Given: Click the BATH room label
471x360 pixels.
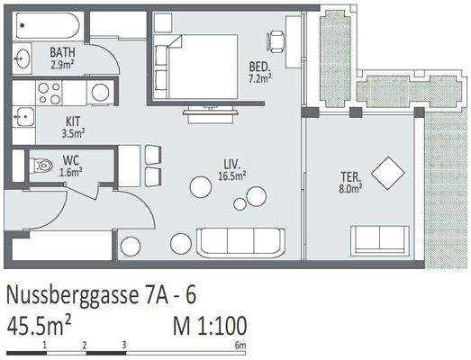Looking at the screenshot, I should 62,58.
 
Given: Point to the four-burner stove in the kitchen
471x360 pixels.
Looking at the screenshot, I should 49,92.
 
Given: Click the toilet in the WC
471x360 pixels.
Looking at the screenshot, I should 41,166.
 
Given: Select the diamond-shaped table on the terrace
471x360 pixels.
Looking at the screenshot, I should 389,173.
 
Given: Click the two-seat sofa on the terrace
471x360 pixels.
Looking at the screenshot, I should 379,238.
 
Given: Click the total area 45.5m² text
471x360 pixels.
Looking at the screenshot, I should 40,324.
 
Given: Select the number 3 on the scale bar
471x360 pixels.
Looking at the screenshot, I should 123,345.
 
